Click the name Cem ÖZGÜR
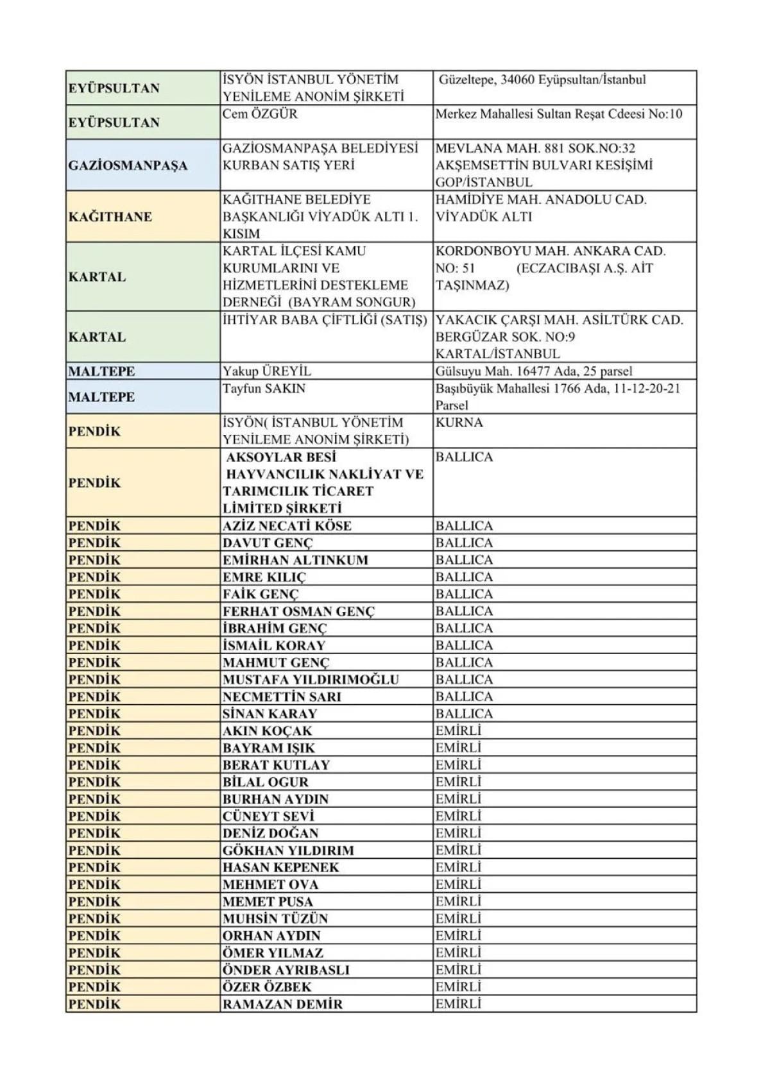(x=260, y=114)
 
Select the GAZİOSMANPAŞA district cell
(x=128, y=165)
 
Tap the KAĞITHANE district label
(x=110, y=217)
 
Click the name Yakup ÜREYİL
(x=266, y=371)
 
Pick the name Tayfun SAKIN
(x=264, y=389)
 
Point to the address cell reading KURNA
(x=459, y=423)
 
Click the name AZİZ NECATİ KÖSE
(x=287, y=526)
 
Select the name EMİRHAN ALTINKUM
(x=295, y=560)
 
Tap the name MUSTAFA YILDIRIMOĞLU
(x=311, y=680)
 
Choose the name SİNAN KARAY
(x=269, y=714)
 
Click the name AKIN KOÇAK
(x=267, y=731)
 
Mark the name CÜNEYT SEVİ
(x=268, y=816)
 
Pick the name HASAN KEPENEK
(x=280, y=868)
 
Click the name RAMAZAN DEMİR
(x=282, y=1004)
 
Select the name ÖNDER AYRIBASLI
(x=286, y=970)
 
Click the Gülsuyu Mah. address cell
(x=533, y=371)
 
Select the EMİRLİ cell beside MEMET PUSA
(x=458, y=902)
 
